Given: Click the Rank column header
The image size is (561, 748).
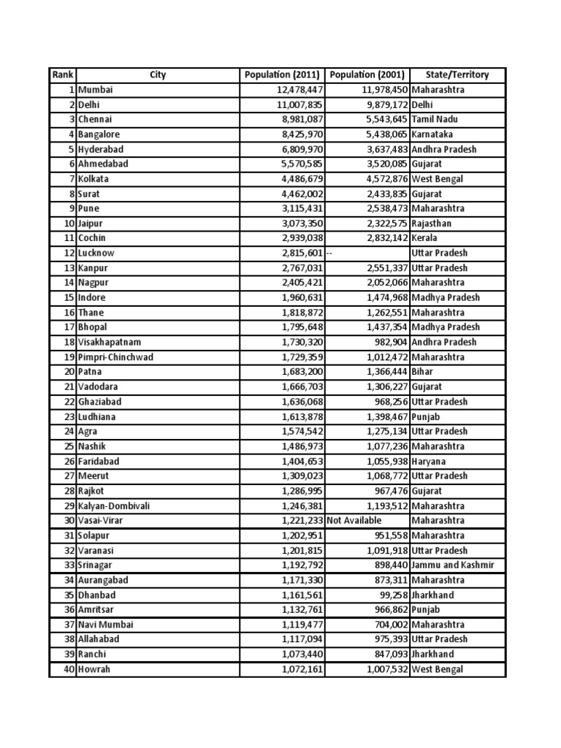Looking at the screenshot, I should tap(62, 75).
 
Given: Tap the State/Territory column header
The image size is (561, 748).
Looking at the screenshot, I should tap(457, 75).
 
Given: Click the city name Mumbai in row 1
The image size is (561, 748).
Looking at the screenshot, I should tap(96, 90).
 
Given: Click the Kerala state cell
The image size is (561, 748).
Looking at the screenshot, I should tap(425, 238).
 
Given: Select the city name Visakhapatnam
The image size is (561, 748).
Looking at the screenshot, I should tap(110, 342).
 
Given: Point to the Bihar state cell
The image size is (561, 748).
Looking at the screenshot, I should tap(422, 372).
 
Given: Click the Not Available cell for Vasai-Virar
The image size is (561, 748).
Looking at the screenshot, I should tap(354, 520).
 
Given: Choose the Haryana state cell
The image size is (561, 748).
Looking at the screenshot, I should tap(429, 461).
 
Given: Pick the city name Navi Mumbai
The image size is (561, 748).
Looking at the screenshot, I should tap(106, 625).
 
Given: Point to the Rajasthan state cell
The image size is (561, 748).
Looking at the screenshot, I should tap(432, 224).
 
